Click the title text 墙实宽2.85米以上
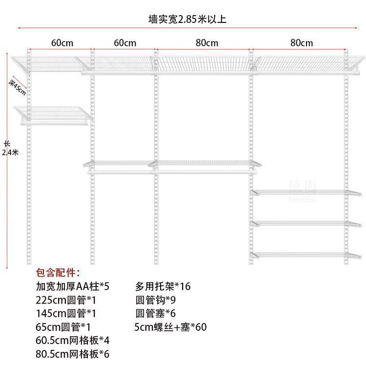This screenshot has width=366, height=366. [187, 20]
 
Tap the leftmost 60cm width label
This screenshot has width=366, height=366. [62, 43]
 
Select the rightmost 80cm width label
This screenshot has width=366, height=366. [301, 43]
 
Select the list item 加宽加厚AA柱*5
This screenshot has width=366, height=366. [73, 286]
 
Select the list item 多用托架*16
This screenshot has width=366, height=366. [163, 286]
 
